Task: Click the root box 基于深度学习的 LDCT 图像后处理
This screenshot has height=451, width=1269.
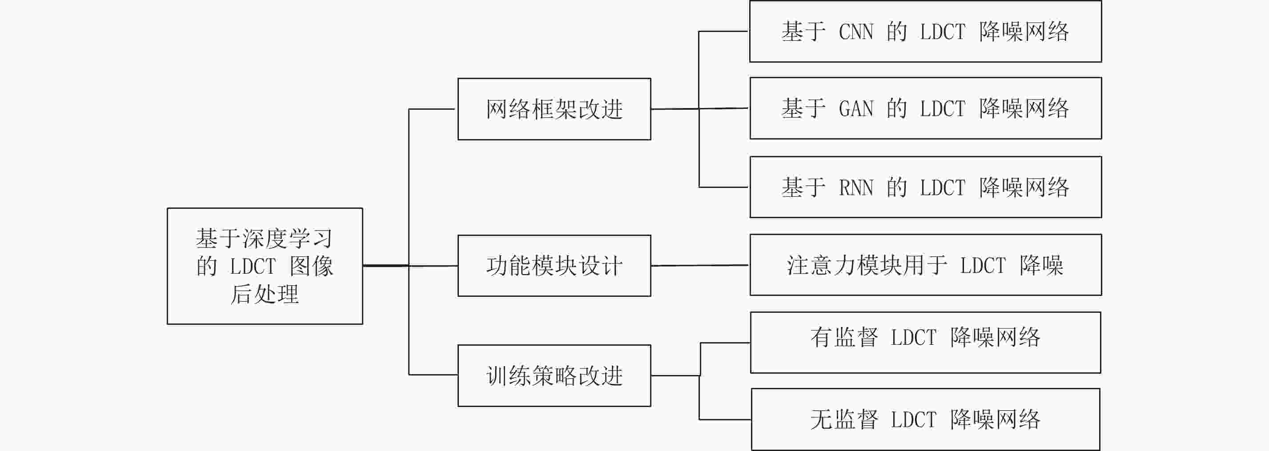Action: [265, 266]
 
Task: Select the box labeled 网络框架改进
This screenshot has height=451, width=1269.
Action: [554, 109]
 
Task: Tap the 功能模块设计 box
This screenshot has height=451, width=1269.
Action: [554, 266]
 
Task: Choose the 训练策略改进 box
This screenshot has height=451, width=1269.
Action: [554, 375]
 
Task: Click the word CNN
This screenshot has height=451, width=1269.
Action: [856, 32]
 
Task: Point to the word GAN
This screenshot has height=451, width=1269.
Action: [856, 109]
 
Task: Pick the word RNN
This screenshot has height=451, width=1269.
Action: [856, 188]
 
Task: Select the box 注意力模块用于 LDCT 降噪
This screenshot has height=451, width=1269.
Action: [926, 265]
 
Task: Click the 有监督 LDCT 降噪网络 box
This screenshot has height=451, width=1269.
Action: [926, 343]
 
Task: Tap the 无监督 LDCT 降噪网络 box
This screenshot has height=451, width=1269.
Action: [926, 419]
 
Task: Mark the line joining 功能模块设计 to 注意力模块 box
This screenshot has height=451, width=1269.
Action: [700, 265]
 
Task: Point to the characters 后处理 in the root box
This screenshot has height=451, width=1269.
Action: [265, 295]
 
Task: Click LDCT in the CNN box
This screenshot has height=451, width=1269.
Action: [942, 32]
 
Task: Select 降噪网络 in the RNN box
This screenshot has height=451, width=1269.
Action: [1024, 188]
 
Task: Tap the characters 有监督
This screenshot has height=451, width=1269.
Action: [844, 338]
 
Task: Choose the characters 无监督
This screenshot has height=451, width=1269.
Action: [844, 419]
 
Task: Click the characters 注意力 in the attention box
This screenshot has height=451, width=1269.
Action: [821, 265]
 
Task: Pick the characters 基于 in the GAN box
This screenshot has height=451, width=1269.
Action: [804, 109]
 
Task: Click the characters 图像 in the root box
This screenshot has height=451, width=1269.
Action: [311, 266]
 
